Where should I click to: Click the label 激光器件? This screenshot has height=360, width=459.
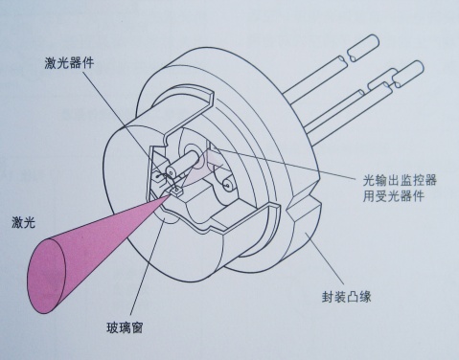point(69,62)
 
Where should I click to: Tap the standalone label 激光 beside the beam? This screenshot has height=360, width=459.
point(23,222)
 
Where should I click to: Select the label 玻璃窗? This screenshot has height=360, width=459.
point(125,327)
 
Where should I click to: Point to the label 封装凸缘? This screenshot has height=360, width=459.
point(347,297)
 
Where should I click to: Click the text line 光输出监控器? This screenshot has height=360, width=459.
point(400,180)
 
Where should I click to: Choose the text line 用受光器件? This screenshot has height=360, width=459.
point(394,195)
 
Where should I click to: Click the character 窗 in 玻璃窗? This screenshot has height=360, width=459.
point(137,327)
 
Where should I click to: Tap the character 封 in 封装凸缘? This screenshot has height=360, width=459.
point(328,297)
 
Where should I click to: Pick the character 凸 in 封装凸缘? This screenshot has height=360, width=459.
point(353,297)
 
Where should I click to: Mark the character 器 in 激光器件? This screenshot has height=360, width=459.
point(76,62)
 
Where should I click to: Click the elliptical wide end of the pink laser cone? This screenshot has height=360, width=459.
point(46,276)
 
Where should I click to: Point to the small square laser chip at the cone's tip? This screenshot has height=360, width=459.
point(175,191)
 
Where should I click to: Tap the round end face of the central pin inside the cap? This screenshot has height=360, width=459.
point(172,172)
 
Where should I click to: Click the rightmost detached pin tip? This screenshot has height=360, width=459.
point(409,74)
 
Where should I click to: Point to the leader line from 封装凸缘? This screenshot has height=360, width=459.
point(325,259)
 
